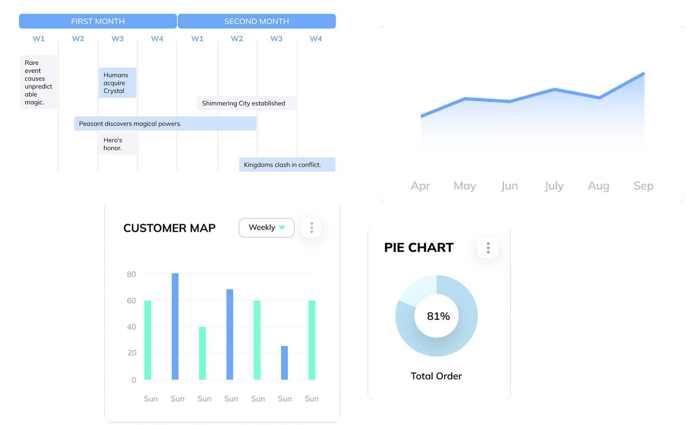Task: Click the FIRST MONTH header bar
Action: point(98,21)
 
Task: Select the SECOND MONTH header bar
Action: point(257,21)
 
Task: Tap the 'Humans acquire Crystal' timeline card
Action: point(117,83)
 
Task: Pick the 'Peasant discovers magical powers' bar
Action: point(165,124)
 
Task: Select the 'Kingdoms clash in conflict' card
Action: point(287,165)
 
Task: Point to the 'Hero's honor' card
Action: point(117,144)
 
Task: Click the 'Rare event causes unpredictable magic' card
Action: point(39,82)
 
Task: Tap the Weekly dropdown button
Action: point(267,228)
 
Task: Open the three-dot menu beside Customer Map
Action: point(312,228)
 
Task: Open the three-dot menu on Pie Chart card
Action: point(488,248)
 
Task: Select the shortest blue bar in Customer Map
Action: point(284,363)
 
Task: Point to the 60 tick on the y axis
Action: point(131,301)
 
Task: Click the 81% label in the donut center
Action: point(438,316)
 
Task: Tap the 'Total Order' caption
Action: point(436,376)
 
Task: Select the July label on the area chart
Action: point(554,186)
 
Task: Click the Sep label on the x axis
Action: point(643,186)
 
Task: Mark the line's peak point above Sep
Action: point(644,73)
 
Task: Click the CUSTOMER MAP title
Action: point(169,228)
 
